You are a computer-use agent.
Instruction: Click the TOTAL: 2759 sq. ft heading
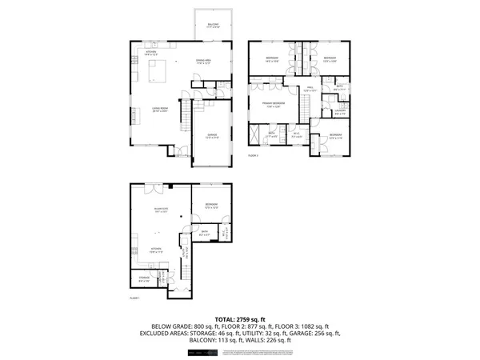[239, 318]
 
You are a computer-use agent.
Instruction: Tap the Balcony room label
[212, 26]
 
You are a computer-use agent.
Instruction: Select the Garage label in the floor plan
[212, 134]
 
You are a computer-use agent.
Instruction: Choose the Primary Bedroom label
[272, 104]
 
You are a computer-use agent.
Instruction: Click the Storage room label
[143, 279]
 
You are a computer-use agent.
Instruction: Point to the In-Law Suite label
[159, 210]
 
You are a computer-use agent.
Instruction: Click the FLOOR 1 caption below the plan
[134, 298]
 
